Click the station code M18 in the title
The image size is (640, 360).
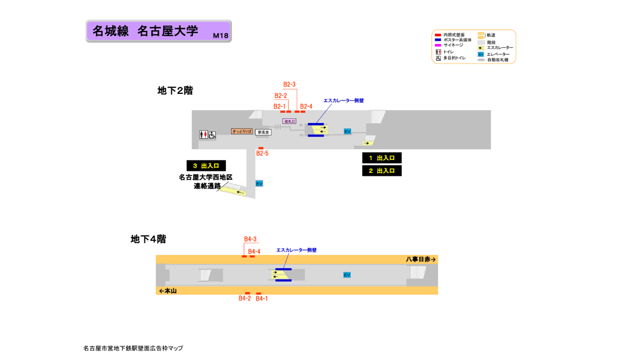pos(220,35)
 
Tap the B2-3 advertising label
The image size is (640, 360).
pos(289,84)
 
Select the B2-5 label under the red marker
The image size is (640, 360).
pos(262,153)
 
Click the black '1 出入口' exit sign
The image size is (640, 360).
pos(382,158)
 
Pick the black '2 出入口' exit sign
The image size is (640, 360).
pos(382,170)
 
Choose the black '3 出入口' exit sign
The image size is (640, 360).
pos(206,165)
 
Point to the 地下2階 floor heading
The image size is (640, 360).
pos(175,90)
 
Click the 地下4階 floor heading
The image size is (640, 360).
pos(148,239)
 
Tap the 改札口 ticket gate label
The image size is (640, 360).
pos(289,121)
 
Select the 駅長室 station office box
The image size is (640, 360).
pos(263,132)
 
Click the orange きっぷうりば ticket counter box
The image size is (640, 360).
pos(242,131)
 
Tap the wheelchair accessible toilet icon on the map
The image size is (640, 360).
pos(212,134)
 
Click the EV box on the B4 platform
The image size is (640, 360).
pos(347,275)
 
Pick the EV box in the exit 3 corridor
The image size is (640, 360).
pos(259,183)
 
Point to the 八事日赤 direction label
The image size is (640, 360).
pos(421,259)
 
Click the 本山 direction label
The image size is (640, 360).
pos(168,291)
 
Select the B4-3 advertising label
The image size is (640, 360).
pos(250,239)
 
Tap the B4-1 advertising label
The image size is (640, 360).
pos(262,298)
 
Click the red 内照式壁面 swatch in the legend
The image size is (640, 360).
pos(438,35)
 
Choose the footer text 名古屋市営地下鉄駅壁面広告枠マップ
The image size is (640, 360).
pos(133,348)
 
